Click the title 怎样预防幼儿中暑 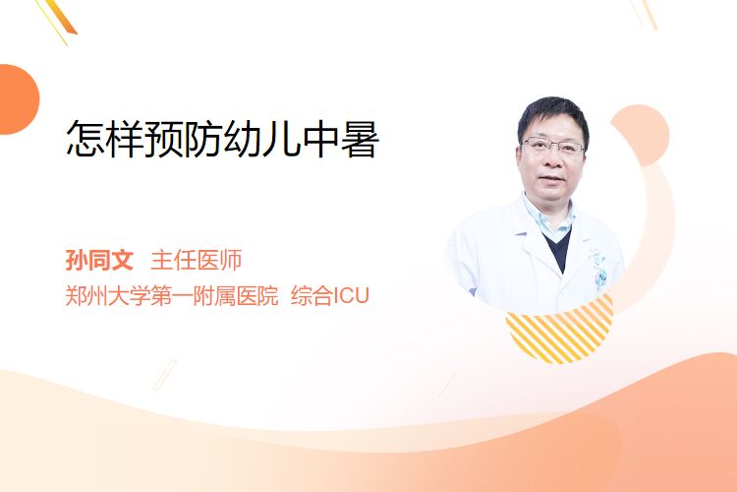(222, 139)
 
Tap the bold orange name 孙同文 (99, 260)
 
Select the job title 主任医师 (196, 260)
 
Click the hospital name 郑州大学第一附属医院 (172, 295)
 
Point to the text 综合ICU (330, 295)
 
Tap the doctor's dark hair (553, 115)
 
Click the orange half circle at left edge (18, 99)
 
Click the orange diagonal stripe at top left (61, 17)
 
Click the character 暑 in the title (360, 139)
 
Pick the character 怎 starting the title (85, 139)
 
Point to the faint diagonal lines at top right (645, 13)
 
